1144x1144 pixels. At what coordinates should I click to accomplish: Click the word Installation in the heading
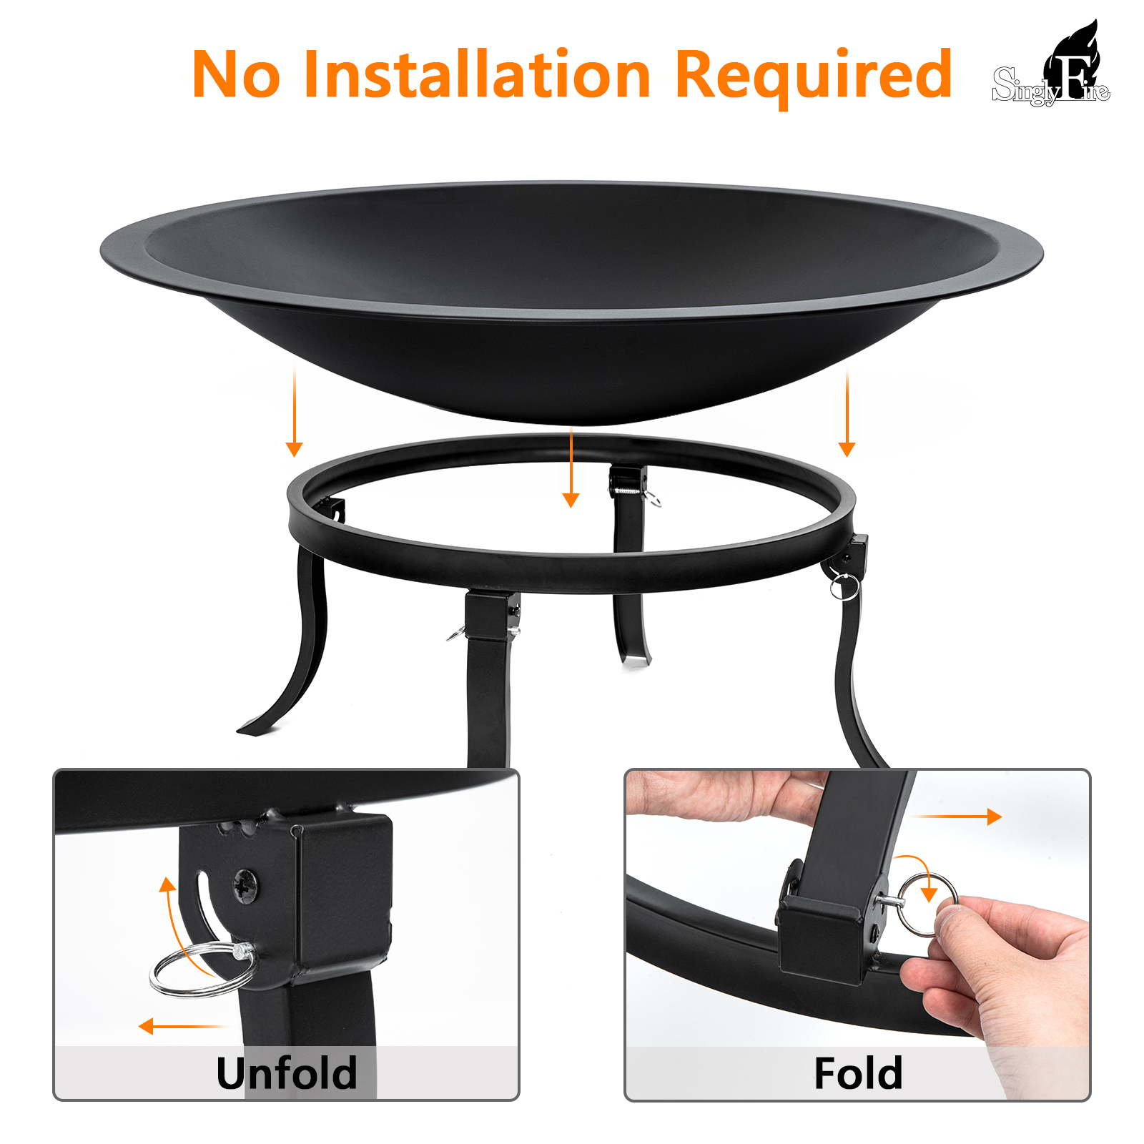(477, 74)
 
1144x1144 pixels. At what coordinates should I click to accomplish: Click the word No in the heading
(237, 74)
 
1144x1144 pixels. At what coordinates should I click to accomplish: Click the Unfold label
(286, 1072)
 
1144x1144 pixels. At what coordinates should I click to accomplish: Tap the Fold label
(858, 1072)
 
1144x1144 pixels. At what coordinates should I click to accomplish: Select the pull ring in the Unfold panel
(202, 969)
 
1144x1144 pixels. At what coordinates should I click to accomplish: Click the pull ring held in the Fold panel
(927, 904)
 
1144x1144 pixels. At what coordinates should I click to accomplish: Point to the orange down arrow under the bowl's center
(571, 468)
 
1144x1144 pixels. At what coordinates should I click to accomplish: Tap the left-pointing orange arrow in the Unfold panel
(182, 1027)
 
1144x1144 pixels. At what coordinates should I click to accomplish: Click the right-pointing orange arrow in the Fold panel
(959, 817)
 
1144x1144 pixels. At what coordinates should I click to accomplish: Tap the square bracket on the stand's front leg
(492, 614)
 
